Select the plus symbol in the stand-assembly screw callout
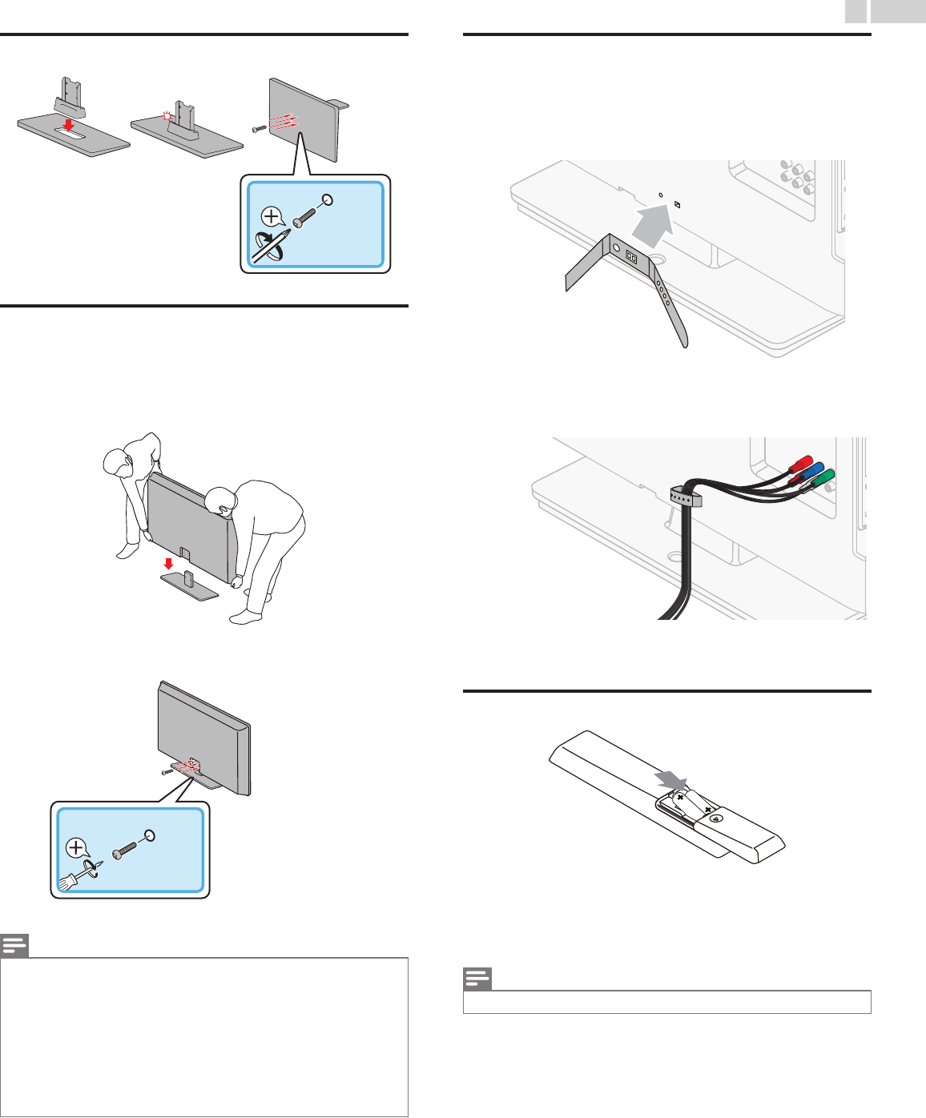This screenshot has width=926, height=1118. click(272, 216)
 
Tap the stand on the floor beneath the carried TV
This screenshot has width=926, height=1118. click(190, 585)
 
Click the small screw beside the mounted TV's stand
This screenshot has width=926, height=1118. click(167, 772)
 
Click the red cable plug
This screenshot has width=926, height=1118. click(802, 464)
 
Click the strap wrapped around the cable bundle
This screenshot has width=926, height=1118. click(686, 497)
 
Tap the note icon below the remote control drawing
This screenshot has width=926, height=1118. click(477, 979)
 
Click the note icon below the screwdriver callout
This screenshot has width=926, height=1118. click(14, 946)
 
